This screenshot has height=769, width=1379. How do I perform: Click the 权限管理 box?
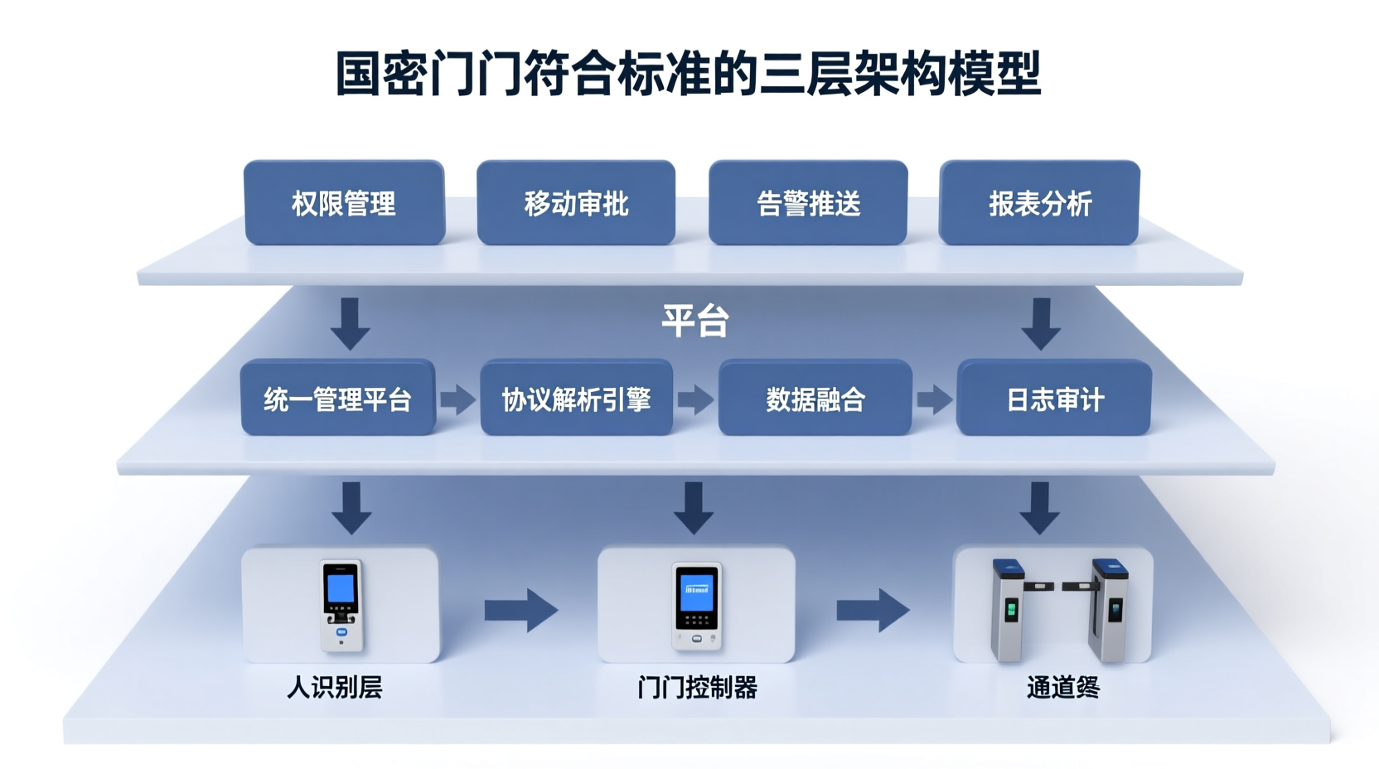click(344, 203)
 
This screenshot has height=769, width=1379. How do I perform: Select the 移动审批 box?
click(576, 203)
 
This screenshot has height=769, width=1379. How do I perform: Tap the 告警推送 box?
click(808, 203)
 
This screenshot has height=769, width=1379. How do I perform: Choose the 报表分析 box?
click(1039, 203)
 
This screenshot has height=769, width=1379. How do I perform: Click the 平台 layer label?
click(694, 321)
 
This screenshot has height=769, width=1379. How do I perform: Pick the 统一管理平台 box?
click(338, 398)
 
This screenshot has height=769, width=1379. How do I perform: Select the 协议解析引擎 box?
click(577, 398)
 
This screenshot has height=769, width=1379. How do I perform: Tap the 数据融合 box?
click(815, 398)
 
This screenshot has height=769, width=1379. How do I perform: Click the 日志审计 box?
click(1054, 398)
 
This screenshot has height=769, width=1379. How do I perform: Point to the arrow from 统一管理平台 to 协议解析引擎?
click(457, 399)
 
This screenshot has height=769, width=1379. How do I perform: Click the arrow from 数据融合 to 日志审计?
click(934, 399)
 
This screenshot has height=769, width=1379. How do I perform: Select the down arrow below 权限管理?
click(351, 323)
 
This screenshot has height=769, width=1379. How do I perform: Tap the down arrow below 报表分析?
click(1041, 323)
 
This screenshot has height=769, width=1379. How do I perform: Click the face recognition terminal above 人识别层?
click(341, 605)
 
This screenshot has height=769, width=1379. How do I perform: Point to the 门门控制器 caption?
click(697, 688)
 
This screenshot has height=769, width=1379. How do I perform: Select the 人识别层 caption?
click(334, 688)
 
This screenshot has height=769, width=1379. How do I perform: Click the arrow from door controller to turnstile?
click(873, 611)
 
